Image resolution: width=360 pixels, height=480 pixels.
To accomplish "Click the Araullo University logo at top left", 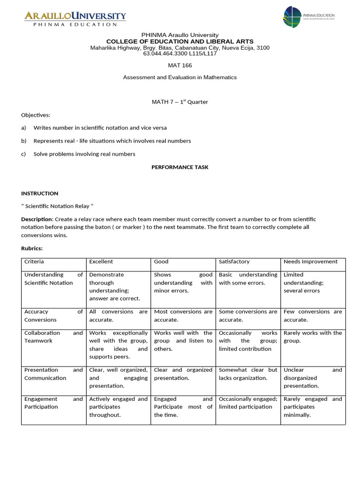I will coord(75,19).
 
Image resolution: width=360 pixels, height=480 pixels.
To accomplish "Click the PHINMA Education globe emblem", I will coord(292,17).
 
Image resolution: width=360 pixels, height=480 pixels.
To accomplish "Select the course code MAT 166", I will coord(180,65).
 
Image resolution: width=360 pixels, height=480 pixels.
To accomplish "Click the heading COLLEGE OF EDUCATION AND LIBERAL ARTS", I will coord(180,41).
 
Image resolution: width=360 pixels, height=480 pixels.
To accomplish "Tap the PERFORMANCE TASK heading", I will coord(180,167).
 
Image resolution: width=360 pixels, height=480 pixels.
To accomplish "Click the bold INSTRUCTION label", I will coord(40,193).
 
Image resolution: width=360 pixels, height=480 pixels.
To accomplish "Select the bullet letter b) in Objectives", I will coord(23,141).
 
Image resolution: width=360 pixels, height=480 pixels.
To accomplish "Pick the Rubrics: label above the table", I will coord(32,248).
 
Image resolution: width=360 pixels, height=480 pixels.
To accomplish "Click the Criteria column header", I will coord(34,262).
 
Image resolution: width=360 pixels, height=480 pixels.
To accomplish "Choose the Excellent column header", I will coord(101,262).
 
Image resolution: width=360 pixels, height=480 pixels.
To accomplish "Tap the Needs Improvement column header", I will coord(310,262).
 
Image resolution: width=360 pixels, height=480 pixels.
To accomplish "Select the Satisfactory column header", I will coord(234,262).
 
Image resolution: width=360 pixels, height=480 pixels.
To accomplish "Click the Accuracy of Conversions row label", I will coord(53,315).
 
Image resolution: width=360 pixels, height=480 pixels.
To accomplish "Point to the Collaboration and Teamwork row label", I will coord(53,337).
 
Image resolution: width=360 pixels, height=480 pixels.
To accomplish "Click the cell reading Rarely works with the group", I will coord(313,337).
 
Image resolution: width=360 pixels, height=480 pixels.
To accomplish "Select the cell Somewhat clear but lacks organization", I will coord(248,374).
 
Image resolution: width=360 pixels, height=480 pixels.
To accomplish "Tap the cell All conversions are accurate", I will coord(118,315).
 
